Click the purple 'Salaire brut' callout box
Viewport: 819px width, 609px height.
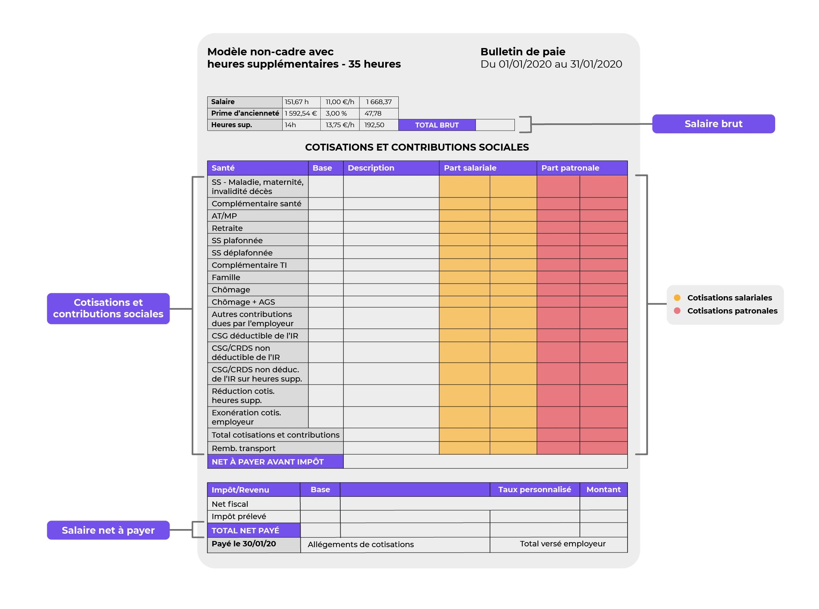pyautogui.click(x=713, y=124)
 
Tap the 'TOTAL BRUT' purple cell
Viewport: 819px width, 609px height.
pyautogui.click(x=437, y=125)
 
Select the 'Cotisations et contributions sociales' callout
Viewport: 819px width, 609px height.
pyautogui.click(x=108, y=308)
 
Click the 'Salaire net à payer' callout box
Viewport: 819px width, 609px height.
pyautogui.click(x=108, y=530)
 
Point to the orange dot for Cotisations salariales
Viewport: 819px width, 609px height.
pyautogui.click(x=677, y=298)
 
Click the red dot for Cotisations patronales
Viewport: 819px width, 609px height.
pyautogui.click(x=677, y=310)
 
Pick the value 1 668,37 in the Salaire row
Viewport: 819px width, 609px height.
pyautogui.click(x=379, y=102)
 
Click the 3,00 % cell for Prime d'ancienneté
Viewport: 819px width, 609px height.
pyautogui.click(x=336, y=113)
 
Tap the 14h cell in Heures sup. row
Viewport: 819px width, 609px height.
pyautogui.click(x=291, y=125)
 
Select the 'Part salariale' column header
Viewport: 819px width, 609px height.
pyautogui.click(x=470, y=168)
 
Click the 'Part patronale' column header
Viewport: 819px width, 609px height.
pyautogui.click(x=570, y=168)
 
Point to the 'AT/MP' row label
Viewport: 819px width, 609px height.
pyautogui.click(x=224, y=216)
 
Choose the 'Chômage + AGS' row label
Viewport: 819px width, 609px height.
pyautogui.click(x=243, y=302)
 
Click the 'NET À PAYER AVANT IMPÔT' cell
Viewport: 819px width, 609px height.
pyautogui.click(x=268, y=462)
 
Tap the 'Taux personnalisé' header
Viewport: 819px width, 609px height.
pyautogui.click(x=534, y=490)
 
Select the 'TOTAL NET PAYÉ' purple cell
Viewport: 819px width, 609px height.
pyautogui.click(x=245, y=531)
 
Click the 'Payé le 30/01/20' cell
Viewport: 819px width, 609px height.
pyautogui.click(x=244, y=544)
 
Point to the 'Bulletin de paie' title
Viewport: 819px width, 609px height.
pyautogui.click(x=523, y=51)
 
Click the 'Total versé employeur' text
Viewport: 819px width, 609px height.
pyautogui.click(x=563, y=544)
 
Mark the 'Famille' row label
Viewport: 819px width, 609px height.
pyautogui.click(x=226, y=277)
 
